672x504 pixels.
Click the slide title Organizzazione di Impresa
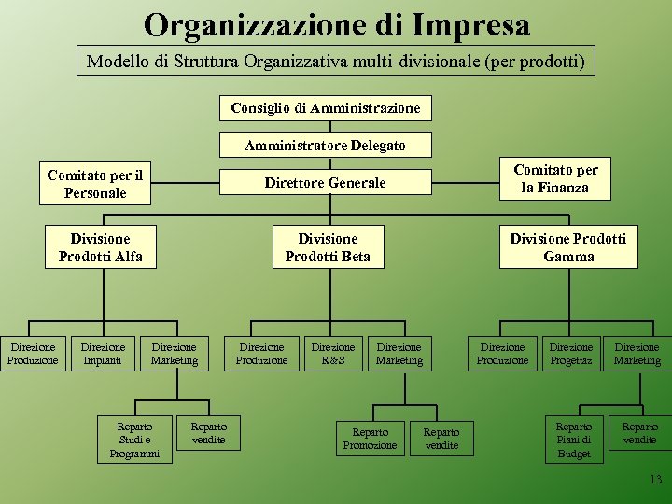click(336, 24)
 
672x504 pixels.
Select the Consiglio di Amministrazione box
click(326, 108)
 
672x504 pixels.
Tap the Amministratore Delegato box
click(326, 145)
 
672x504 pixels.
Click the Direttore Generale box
click(325, 183)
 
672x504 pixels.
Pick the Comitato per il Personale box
click(95, 184)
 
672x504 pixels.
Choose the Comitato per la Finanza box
click(555, 178)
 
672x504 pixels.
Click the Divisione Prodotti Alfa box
click(101, 247)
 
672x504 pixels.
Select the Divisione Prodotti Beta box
click(328, 247)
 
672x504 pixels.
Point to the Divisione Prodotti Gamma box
click(567, 247)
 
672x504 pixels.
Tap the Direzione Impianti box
click(104, 354)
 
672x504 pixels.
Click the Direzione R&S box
click(333, 354)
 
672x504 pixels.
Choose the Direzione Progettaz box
click(571, 354)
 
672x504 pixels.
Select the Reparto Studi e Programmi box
click(134, 439)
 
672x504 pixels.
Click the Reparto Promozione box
click(370, 439)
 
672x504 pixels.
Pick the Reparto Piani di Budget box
click(574, 439)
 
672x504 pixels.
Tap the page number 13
click(654, 480)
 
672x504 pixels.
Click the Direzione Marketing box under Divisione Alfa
click(175, 354)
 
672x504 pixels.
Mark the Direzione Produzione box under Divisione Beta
click(262, 354)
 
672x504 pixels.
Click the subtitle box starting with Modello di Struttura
click(336, 63)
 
